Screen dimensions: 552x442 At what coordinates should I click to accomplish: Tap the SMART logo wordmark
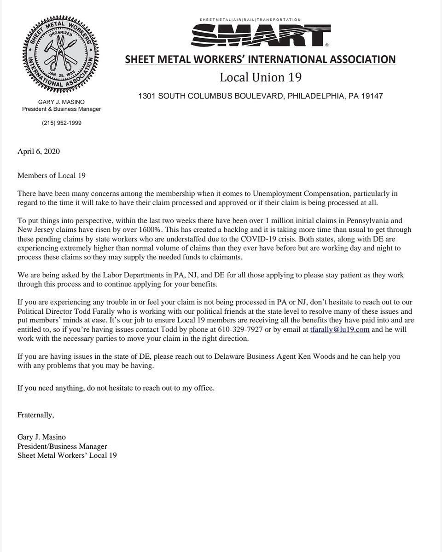click(260, 35)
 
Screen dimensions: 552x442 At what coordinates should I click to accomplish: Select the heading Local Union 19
click(261, 77)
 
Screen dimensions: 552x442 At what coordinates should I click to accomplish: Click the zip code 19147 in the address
click(370, 98)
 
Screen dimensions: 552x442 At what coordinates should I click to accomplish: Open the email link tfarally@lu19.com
click(340, 330)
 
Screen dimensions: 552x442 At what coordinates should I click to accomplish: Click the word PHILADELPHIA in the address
click(306, 98)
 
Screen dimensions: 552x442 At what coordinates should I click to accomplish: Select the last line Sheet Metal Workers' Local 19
click(67, 455)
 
